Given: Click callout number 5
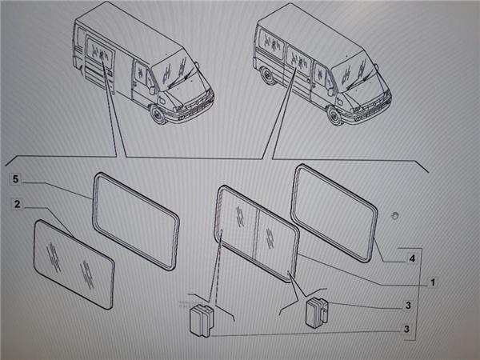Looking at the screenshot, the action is (x=16, y=179).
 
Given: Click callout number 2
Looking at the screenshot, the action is (x=17, y=204).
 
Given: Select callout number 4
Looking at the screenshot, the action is (x=412, y=258).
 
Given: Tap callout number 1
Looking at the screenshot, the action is (x=433, y=282).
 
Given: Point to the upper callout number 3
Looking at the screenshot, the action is (x=408, y=306).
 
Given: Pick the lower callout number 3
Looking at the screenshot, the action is (x=406, y=329).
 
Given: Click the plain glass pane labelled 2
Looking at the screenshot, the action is (x=74, y=263).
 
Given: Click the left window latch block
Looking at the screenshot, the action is (x=202, y=321).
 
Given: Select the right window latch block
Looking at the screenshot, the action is (x=317, y=313).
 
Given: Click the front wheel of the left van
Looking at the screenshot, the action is (x=158, y=114).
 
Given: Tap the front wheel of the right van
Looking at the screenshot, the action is (x=334, y=116).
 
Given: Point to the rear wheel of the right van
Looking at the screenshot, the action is (x=269, y=75).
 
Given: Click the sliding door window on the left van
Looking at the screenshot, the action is (x=99, y=51).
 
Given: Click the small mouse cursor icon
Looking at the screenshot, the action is (x=394, y=215).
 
